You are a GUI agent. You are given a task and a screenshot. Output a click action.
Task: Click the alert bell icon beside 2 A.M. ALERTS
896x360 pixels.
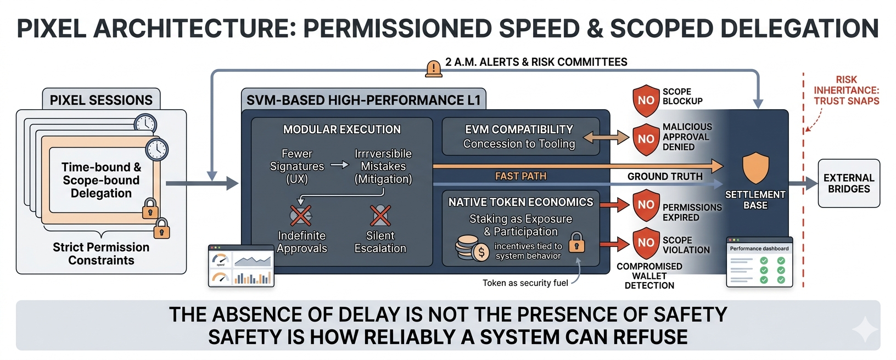(434, 69)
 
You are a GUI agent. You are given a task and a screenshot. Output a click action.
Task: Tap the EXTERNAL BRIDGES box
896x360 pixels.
(849, 183)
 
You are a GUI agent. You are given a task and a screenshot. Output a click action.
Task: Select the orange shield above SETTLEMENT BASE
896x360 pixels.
(755, 168)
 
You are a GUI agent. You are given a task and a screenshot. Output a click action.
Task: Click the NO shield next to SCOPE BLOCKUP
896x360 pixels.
(646, 100)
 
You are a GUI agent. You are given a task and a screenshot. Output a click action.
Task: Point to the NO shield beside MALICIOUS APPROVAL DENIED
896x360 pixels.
(646, 139)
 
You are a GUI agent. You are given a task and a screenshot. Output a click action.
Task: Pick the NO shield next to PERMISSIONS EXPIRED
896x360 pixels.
(646, 205)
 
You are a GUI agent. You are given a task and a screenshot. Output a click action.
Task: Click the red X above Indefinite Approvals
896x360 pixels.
(301, 216)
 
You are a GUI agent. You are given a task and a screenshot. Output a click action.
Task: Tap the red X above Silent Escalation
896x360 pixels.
(380, 216)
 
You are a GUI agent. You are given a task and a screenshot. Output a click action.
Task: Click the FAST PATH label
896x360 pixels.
(520, 176)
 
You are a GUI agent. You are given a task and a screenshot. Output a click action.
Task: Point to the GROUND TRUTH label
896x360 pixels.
(665, 176)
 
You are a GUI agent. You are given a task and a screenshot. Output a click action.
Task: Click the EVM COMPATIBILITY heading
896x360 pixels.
(519, 130)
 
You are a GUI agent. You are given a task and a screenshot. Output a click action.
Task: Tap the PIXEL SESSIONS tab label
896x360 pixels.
(101, 100)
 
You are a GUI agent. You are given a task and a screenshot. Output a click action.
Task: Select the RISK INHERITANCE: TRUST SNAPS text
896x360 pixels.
(846, 91)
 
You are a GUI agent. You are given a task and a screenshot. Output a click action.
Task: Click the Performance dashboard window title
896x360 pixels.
(759, 249)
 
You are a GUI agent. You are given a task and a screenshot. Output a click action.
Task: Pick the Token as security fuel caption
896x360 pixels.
(525, 283)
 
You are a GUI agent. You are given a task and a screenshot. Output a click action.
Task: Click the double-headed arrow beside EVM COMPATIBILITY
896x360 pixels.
(606, 137)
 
